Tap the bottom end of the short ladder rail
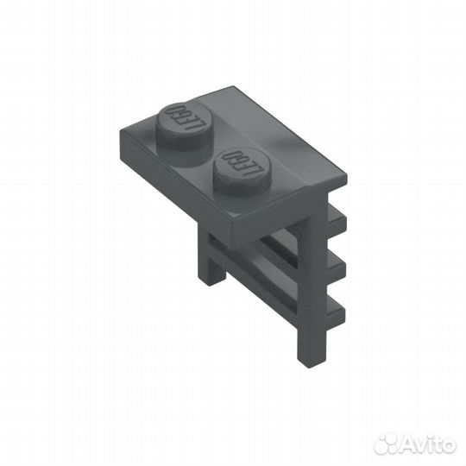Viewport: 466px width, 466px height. point(213,278)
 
